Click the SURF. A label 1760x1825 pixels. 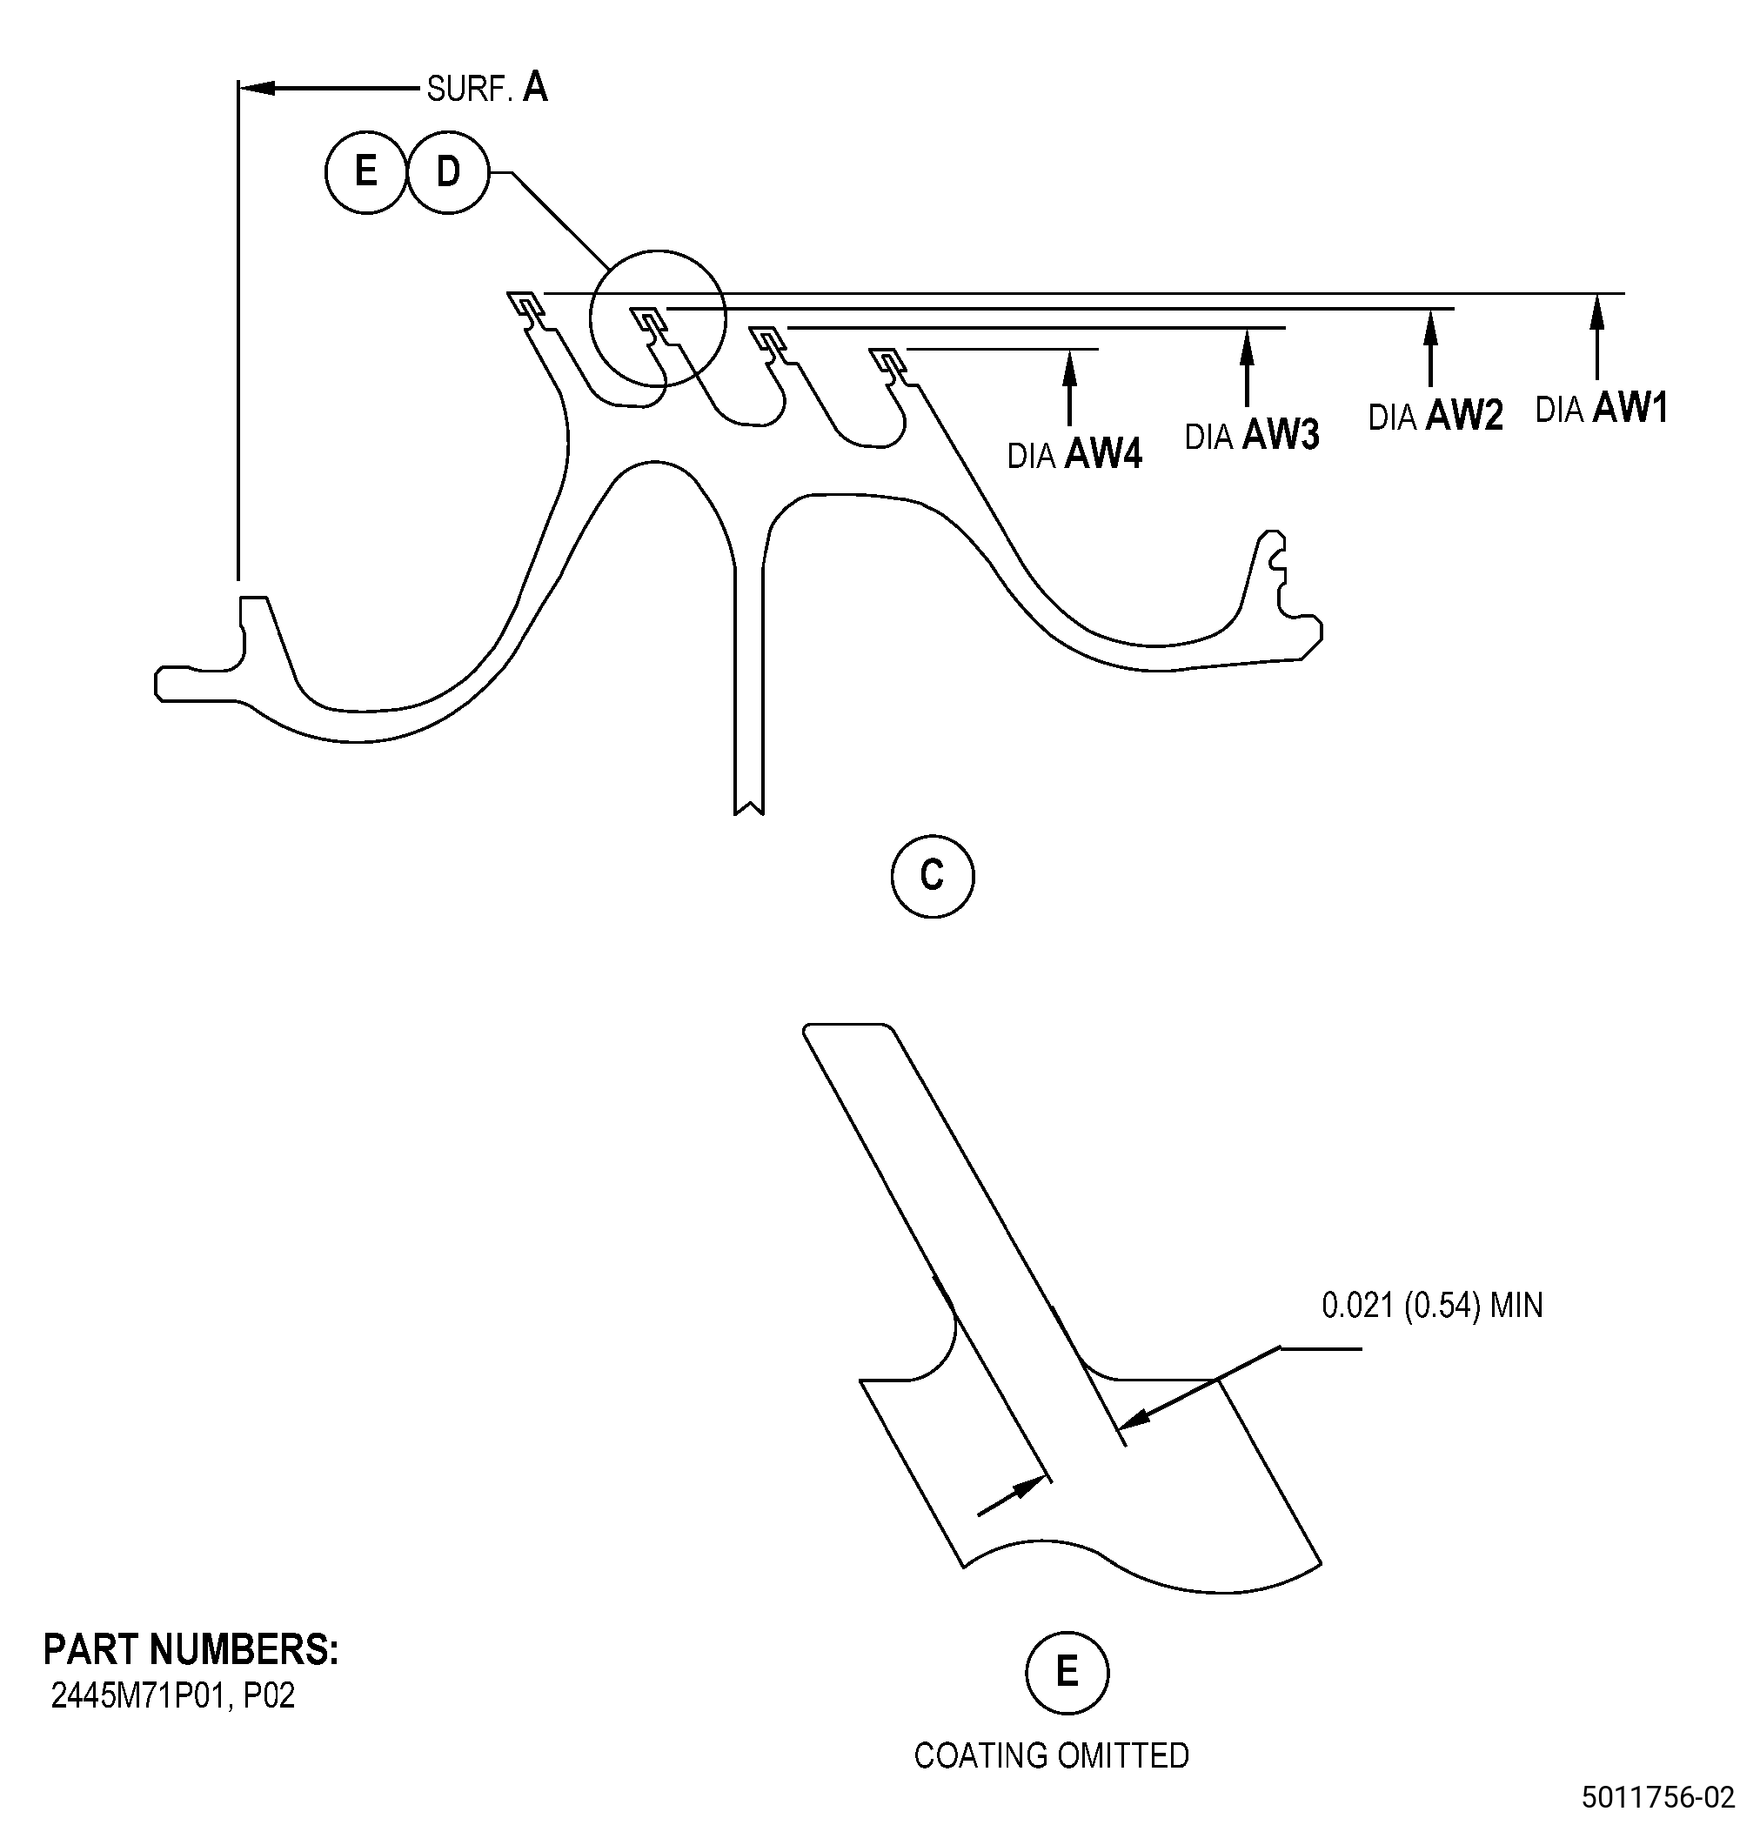pos(487,88)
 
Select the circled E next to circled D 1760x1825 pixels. pos(366,172)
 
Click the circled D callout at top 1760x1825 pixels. pos(448,172)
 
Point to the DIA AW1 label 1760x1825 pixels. pos(1602,408)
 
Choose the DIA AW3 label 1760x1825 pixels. pos(1253,435)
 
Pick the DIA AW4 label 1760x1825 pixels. pos(1074,454)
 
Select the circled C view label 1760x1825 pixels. pos(932,876)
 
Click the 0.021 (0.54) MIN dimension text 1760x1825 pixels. pos(1432,1306)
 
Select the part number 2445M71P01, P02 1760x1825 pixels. pos(173,1695)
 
